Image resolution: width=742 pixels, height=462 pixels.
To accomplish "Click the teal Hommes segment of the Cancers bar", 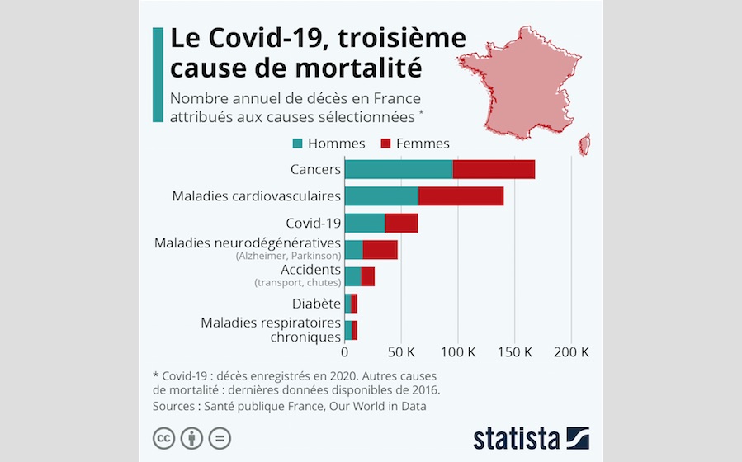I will click(x=398, y=169).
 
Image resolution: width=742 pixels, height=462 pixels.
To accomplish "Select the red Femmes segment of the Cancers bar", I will click(x=494, y=169).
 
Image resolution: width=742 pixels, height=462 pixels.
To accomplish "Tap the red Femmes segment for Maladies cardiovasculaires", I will click(x=461, y=196).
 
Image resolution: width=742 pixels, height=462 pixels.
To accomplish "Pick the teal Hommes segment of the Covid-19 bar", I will click(x=364, y=223).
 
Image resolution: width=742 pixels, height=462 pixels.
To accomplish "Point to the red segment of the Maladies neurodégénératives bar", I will click(x=380, y=250).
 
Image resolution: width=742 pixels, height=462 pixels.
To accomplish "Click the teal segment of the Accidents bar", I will click(x=352, y=276).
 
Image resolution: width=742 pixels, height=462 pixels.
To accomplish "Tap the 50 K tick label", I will click(x=401, y=351).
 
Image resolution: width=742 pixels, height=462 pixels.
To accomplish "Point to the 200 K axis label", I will click(x=571, y=351).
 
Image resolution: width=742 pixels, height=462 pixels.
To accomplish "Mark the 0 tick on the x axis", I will click(x=344, y=351).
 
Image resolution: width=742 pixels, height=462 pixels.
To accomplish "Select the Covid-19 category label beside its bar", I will click(x=313, y=224).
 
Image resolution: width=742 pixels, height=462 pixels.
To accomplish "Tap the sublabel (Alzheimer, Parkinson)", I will click(x=288, y=257).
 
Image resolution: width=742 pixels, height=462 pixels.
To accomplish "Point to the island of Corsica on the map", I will click(x=584, y=145).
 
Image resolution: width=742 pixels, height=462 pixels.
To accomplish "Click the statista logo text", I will click(x=517, y=437).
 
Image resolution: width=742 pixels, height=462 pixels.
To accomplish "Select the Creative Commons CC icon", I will click(x=164, y=438).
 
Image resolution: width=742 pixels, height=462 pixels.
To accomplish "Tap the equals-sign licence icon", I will click(x=220, y=438).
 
